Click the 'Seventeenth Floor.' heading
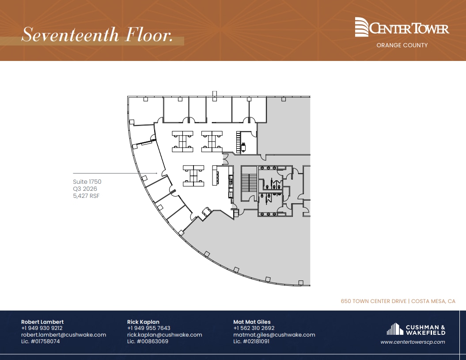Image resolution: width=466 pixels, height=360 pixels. tap(97, 35)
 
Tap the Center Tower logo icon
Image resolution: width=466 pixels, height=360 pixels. tap(362, 27)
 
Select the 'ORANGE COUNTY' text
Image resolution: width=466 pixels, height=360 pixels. tap(402, 45)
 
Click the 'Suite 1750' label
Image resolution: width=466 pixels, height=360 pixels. tap(87, 182)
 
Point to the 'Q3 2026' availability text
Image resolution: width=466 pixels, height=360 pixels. tap(85, 189)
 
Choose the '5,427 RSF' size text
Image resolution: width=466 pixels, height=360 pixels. tap(86, 196)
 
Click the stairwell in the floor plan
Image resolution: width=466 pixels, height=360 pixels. tap(250, 183)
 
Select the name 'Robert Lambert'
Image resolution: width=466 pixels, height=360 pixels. tap(42, 322)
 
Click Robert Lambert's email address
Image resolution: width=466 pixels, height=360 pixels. tap(64, 335)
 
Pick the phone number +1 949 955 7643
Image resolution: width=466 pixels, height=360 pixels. tap(148, 328)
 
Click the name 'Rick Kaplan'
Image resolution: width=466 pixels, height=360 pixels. tap(143, 322)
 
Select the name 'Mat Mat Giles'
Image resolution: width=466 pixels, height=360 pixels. tap(252, 322)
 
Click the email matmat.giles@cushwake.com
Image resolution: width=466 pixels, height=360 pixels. tap(274, 335)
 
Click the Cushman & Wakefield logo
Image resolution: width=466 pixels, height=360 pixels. tap(416, 330)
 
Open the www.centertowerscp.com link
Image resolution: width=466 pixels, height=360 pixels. tap(413, 342)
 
